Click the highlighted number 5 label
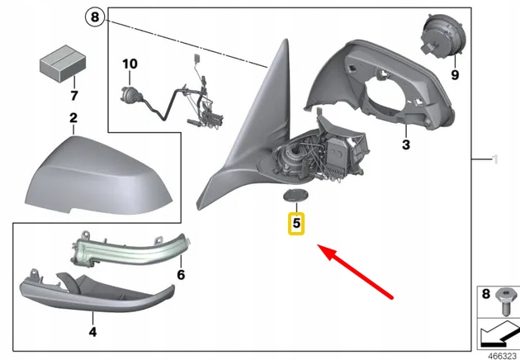pos(295,222)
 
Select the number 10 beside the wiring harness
pos(130,64)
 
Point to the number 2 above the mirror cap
pos(73,118)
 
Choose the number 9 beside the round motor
pos(453,74)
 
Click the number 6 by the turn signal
pos(180,275)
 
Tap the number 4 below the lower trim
pos(92,332)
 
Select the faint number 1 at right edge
pos(494,159)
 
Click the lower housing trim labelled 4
pos(91,292)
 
